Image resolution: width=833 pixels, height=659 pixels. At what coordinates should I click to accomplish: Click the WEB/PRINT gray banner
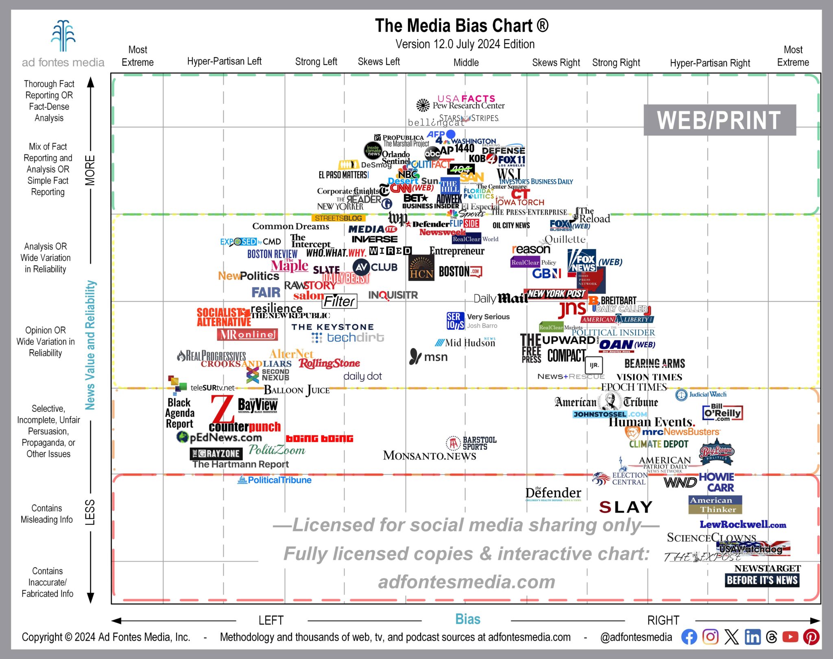pos(719,120)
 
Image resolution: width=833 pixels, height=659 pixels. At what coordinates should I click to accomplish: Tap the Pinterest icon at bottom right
pos(811,637)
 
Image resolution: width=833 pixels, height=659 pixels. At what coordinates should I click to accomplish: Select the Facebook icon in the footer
pos(689,637)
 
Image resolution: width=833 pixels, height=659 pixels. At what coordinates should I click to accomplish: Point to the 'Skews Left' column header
pos(379,62)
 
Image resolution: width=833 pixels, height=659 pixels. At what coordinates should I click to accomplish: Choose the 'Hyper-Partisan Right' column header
pos(710,63)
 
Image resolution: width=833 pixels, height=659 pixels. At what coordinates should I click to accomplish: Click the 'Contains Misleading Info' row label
pos(47,514)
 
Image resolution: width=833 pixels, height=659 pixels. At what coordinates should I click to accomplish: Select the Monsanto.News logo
pos(430,455)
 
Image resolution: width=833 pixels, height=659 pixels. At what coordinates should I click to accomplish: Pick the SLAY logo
pos(626,507)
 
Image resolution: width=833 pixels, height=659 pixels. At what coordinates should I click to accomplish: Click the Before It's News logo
pos(762,580)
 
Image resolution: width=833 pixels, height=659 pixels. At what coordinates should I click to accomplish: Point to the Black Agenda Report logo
pos(179,413)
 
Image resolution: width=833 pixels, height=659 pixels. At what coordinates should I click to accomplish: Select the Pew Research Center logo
pos(460,106)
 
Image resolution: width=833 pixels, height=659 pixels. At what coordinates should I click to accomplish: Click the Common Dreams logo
pos(290,226)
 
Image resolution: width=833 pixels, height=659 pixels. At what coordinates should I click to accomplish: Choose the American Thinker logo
pos(715,505)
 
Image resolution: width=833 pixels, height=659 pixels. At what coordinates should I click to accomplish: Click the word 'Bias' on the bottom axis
pos(467,619)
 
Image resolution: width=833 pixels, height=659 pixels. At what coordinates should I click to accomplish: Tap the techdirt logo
pos(348,338)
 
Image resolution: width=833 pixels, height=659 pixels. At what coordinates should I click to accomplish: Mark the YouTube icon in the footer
pos(790,637)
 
